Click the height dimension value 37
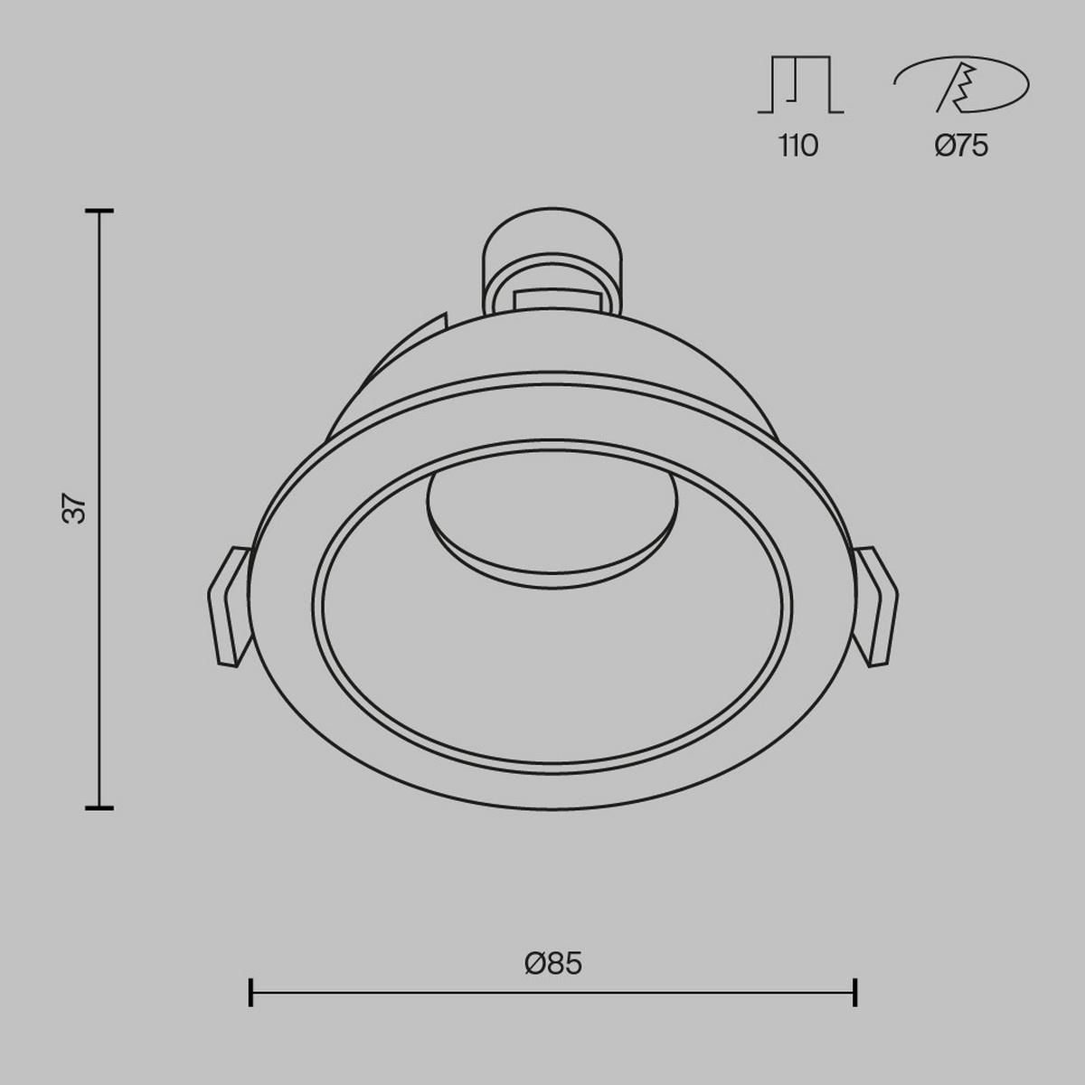coord(78,509)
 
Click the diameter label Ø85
coord(552,964)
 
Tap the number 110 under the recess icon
coord(798,146)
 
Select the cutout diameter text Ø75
coord(961,146)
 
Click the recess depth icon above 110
coord(799,85)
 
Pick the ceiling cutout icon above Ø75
coord(961,85)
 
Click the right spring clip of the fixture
coord(875,606)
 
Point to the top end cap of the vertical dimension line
coord(99,211)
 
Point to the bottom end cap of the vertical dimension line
coord(99,807)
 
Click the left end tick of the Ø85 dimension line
coord(250,992)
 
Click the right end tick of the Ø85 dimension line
coord(854,992)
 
